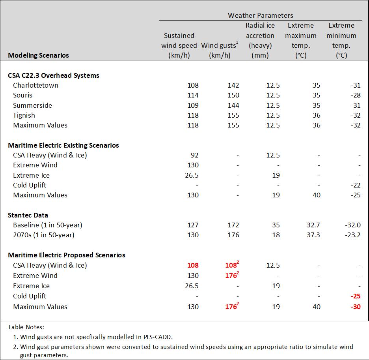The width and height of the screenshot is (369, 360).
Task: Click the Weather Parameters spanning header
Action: click(x=260, y=15)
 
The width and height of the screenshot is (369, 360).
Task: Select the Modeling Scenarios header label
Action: click(x=38, y=55)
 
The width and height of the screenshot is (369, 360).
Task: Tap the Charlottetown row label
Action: click(x=35, y=85)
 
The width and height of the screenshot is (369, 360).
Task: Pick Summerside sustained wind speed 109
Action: click(x=193, y=105)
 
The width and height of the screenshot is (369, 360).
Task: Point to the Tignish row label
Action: click(x=24, y=115)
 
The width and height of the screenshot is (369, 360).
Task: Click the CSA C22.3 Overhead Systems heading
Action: click(x=54, y=75)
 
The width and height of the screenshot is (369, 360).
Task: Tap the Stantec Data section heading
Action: click(x=28, y=215)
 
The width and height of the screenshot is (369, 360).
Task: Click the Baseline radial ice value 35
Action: click(x=276, y=225)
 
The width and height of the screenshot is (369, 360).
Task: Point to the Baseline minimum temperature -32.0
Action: click(x=353, y=225)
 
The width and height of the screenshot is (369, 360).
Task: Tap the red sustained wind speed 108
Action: click(x=193, y=265)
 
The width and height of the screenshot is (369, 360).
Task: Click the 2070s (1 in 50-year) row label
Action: click(x=44, y=235)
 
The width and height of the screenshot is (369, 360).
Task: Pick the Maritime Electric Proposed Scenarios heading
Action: click(x=67, y=255)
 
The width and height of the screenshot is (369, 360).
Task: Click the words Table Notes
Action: click(x=26, y=327)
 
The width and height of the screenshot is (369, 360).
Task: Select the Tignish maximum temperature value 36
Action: click(x=316, y=115)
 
